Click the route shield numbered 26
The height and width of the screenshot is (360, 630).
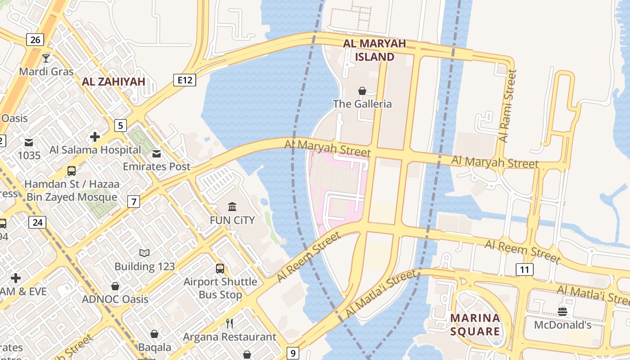35,40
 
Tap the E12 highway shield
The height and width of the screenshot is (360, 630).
185,80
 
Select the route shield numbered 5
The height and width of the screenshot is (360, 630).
120,125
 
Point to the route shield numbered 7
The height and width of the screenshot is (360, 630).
133,202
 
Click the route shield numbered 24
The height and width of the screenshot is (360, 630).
37,222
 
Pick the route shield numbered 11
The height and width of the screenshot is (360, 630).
524,270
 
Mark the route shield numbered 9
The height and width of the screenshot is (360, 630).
293,353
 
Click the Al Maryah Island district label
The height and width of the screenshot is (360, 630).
374,50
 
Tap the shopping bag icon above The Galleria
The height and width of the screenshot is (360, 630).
362,91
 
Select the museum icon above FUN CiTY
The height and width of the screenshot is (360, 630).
232,207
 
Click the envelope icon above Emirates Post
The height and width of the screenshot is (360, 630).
157,154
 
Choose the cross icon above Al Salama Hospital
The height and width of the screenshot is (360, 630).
95,137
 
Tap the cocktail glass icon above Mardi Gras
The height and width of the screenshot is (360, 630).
46,58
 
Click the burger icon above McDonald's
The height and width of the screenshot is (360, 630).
562,311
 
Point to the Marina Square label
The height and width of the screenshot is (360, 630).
475,324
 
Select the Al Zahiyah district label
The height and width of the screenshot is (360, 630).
113,81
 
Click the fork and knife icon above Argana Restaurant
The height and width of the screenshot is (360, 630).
229,323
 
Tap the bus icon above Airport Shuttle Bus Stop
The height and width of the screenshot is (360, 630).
220,269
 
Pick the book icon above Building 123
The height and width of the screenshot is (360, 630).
144,253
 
